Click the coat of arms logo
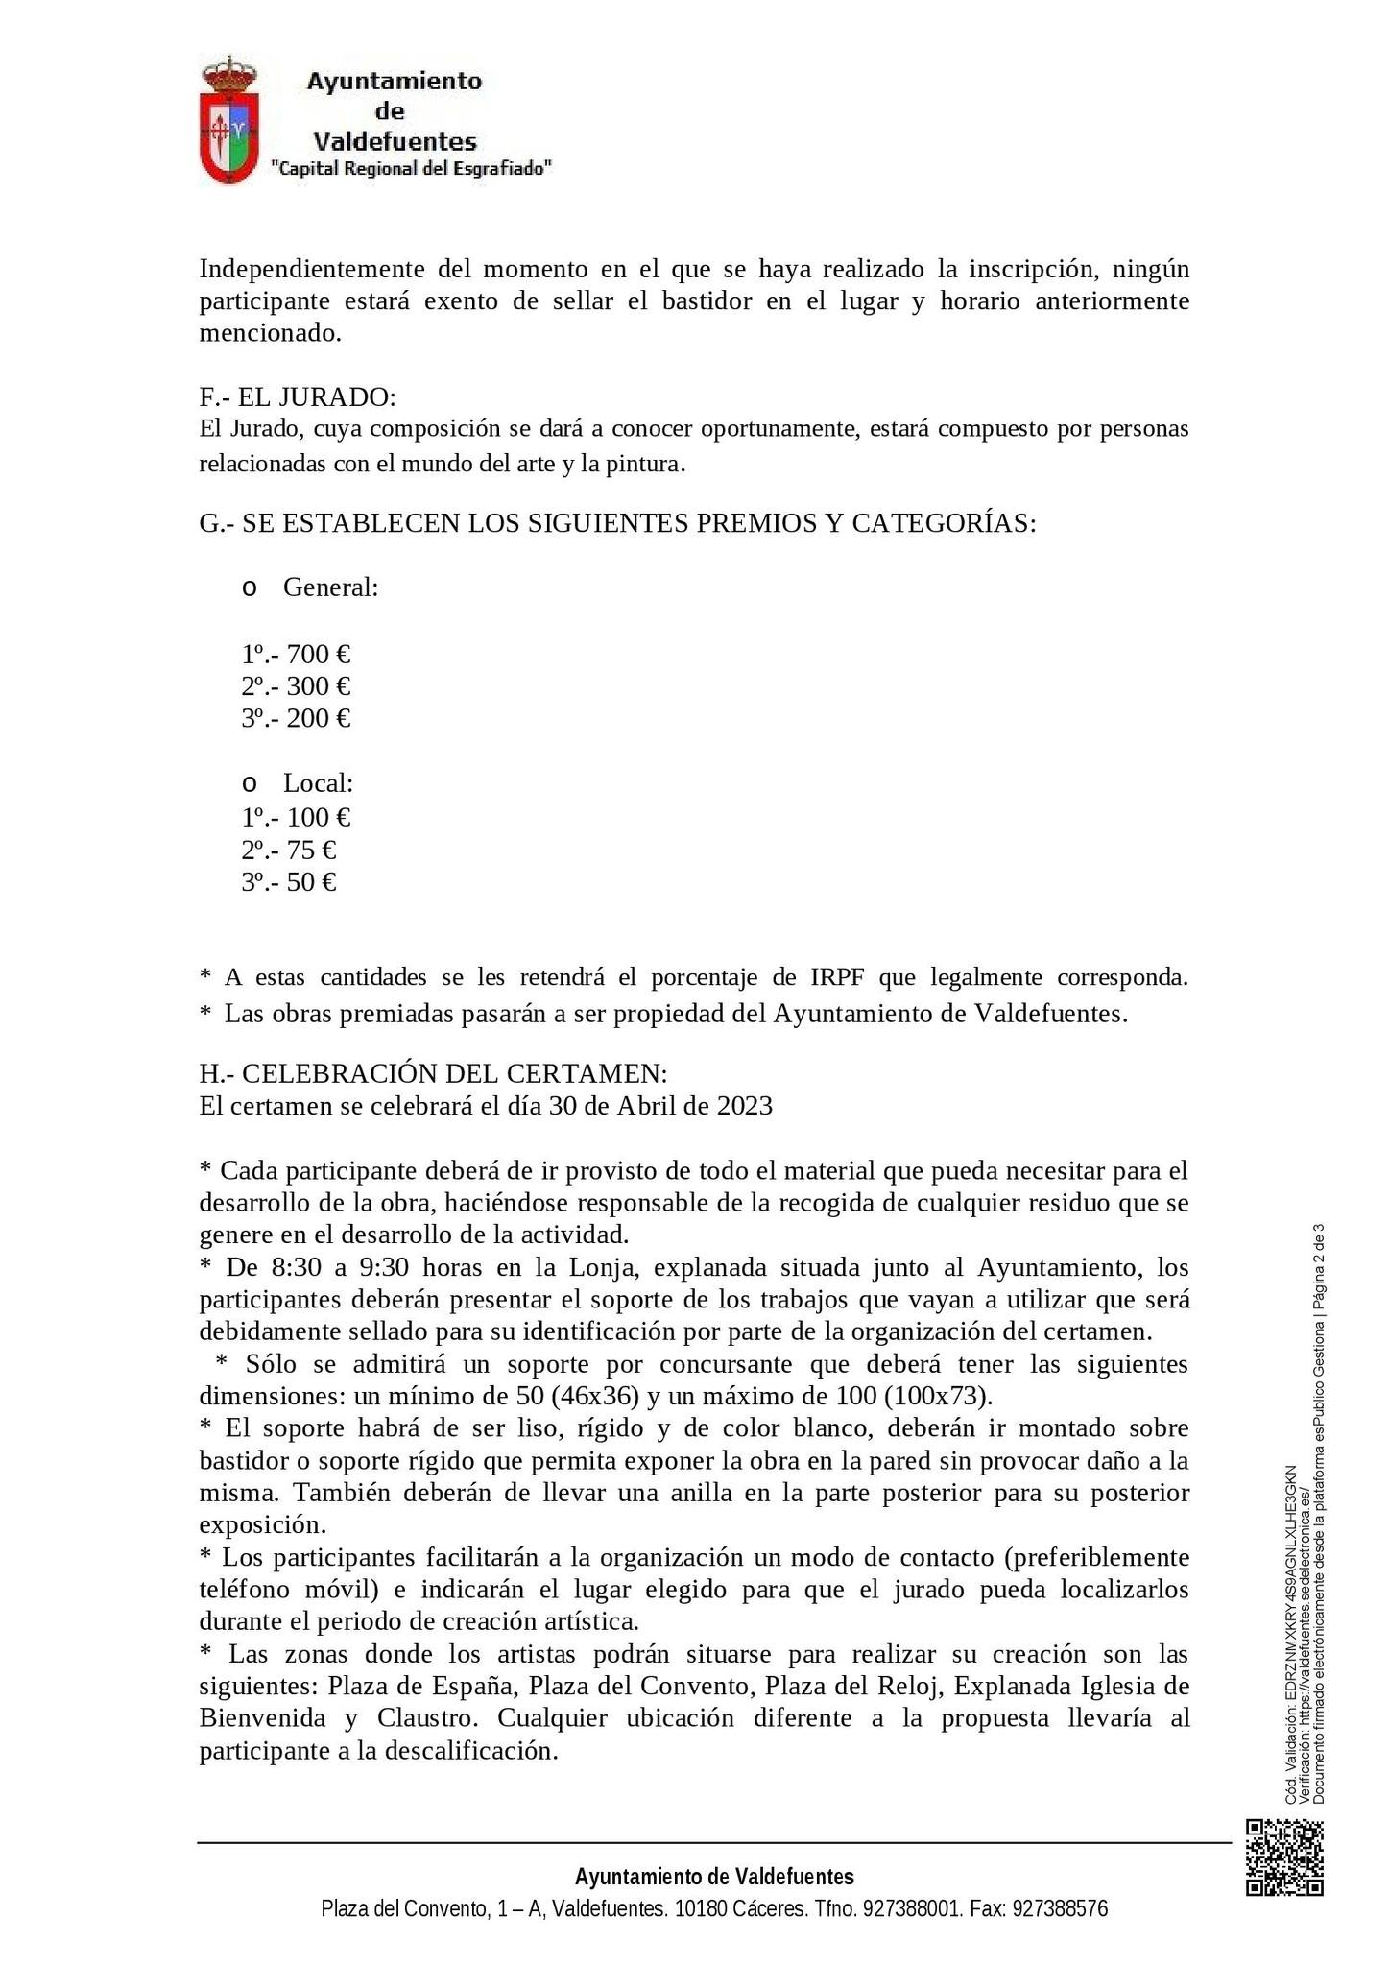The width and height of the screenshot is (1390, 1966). tap(228, 120)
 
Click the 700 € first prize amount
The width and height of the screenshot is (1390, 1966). tap(319, 655)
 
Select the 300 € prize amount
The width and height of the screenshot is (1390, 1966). tap(319, 686)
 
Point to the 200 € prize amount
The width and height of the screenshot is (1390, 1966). tap(319, 718)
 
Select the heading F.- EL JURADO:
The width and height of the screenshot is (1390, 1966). tap(298, 396)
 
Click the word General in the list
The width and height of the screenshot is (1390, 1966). tap(330, 587)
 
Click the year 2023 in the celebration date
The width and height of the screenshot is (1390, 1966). tap(744, 1106)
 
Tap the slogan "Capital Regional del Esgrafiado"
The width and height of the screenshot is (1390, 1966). tap(412, 169)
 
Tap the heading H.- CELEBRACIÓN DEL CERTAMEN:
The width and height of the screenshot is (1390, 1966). tap(433, 1073)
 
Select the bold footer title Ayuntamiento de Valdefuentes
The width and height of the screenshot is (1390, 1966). tap(714, 1877)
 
